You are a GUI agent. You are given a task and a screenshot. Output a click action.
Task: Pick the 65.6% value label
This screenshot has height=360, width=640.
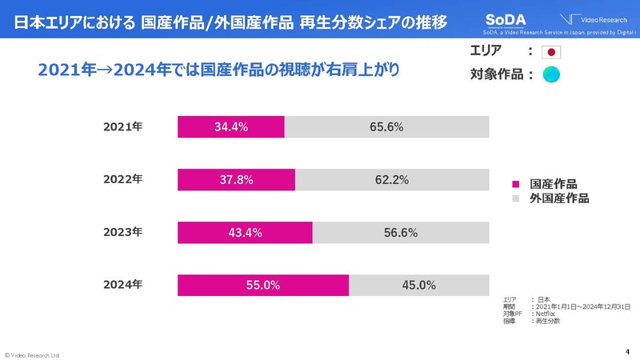(386, 126)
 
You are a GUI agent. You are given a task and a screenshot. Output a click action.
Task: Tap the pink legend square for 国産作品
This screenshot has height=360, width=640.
(516, 183)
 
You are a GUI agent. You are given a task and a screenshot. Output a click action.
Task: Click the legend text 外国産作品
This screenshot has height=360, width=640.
(559, 198)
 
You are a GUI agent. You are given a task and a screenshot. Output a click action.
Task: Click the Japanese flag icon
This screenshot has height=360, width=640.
(553, 53)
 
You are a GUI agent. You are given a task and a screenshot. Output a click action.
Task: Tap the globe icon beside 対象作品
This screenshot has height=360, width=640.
(553, 76)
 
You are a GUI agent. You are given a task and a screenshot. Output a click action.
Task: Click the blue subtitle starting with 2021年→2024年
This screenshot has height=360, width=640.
(218, 70)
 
